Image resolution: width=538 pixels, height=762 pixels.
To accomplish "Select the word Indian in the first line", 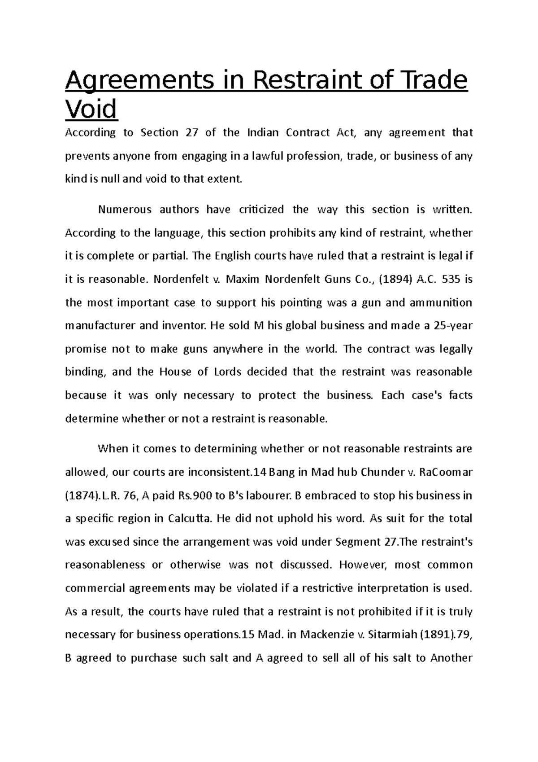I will (x=263, y=133).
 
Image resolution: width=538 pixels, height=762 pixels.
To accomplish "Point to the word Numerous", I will (x=125, y=210).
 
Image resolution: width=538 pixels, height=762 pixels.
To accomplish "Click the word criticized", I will (x=261, y=210).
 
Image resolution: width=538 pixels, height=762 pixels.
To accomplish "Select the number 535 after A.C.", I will (x=450, y=279).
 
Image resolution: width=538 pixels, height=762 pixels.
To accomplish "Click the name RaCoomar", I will (x=447, y=472).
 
